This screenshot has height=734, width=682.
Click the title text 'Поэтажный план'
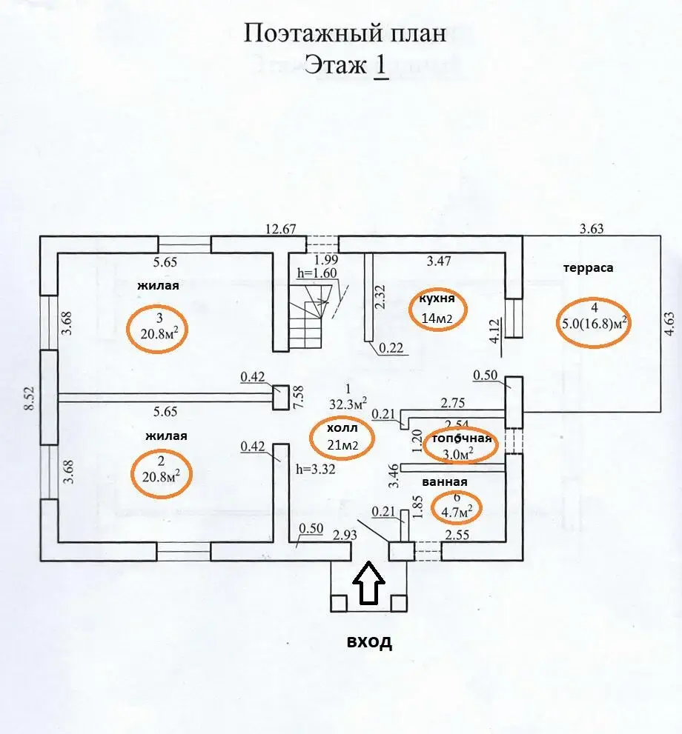click(x=345, y=34)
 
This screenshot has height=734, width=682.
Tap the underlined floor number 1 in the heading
click(x=381, y=64)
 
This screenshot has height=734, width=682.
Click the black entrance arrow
click(x=368, y=583)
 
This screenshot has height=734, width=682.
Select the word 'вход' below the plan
click(x=369, y=641)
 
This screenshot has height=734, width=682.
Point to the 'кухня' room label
click(x=437, y=298)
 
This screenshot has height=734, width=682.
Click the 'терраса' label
click(x=589, y=268)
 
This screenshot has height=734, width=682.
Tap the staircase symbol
click(x=308, y=318)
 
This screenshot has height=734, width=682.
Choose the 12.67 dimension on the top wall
click(x=280, y=229)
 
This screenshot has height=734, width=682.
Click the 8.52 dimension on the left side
click(x=30, y=398)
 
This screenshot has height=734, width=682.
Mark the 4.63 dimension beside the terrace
click(x=670, y=324)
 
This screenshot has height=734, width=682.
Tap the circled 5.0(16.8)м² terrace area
click(x=595, y=323)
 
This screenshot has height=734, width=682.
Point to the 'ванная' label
click(x=445, y=482)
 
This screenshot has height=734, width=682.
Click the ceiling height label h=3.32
click(x=316, y=469)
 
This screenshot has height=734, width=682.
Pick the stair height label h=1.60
click(x=317, y=273)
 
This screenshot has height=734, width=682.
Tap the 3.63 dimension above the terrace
click(x=592, y=229)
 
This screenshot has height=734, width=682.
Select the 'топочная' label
click(x=461, y=438)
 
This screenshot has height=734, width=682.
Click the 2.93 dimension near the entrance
click(x=345, y=535)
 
